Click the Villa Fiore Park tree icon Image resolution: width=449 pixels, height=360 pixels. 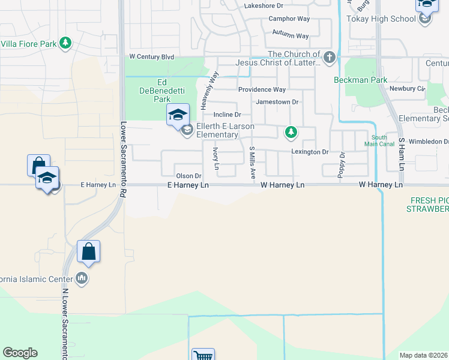tap(65, 43)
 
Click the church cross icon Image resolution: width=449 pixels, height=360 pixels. tap(329, 58)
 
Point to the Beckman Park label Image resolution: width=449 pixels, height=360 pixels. tap(361, 80)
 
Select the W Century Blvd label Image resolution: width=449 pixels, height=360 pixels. tap(152, 56)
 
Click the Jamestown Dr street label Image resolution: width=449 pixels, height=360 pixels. tap(277, 102)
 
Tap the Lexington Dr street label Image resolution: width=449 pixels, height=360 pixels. tap(310, 152)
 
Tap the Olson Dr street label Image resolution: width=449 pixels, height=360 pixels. tap(187, 176)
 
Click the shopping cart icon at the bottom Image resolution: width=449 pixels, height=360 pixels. tap(203, 355)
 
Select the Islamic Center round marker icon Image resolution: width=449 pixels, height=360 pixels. tap(82, 278)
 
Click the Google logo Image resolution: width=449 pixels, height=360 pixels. tap(20, 353)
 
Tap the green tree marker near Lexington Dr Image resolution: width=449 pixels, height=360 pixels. tap(291, 131)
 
